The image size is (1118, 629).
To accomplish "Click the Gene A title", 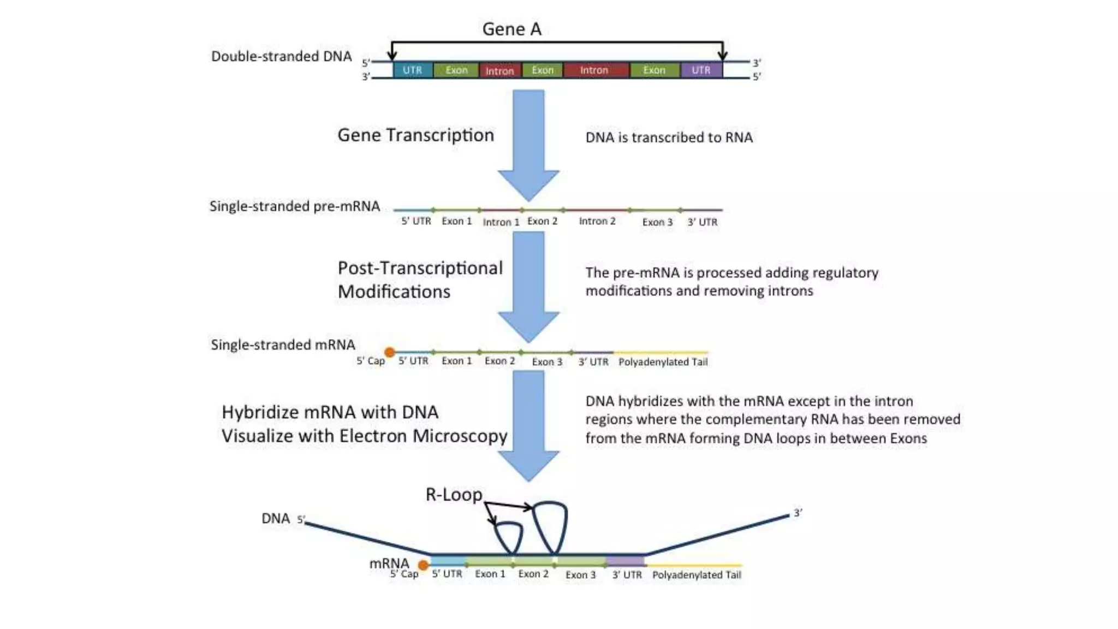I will click(x=512, y=29).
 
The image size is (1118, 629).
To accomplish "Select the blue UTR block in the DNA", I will click(x=412, y=70).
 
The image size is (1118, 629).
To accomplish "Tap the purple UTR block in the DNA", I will click(x=701, y=70).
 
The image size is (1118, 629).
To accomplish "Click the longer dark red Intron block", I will click(x=594, y=70).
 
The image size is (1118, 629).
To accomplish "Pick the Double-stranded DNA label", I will click(x=281, y=56).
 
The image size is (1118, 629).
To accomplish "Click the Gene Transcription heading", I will click(x=415, y=135).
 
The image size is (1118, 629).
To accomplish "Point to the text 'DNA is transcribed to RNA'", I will click(x=669, y=137).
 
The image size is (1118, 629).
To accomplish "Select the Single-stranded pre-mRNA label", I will click(x=295, y=206).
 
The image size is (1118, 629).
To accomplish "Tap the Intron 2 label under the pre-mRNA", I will click(x=597, y=221).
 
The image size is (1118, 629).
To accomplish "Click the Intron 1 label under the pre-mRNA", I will click(x=501, y=222).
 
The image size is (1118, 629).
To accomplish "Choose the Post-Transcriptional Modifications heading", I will click(x=419, y=280).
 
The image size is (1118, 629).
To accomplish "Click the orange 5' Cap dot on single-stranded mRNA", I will click(x=389, y=352).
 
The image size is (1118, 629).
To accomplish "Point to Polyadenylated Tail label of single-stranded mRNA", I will click(x=663, y=361).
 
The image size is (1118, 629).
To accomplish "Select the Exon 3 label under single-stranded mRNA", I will click(x=547, y=361).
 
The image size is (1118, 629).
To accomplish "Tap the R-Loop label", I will click(x=454, y=495).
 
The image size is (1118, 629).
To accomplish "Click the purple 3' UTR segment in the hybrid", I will click(x=625, y=561).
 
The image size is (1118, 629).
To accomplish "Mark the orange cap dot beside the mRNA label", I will click(x=423, y=565).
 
